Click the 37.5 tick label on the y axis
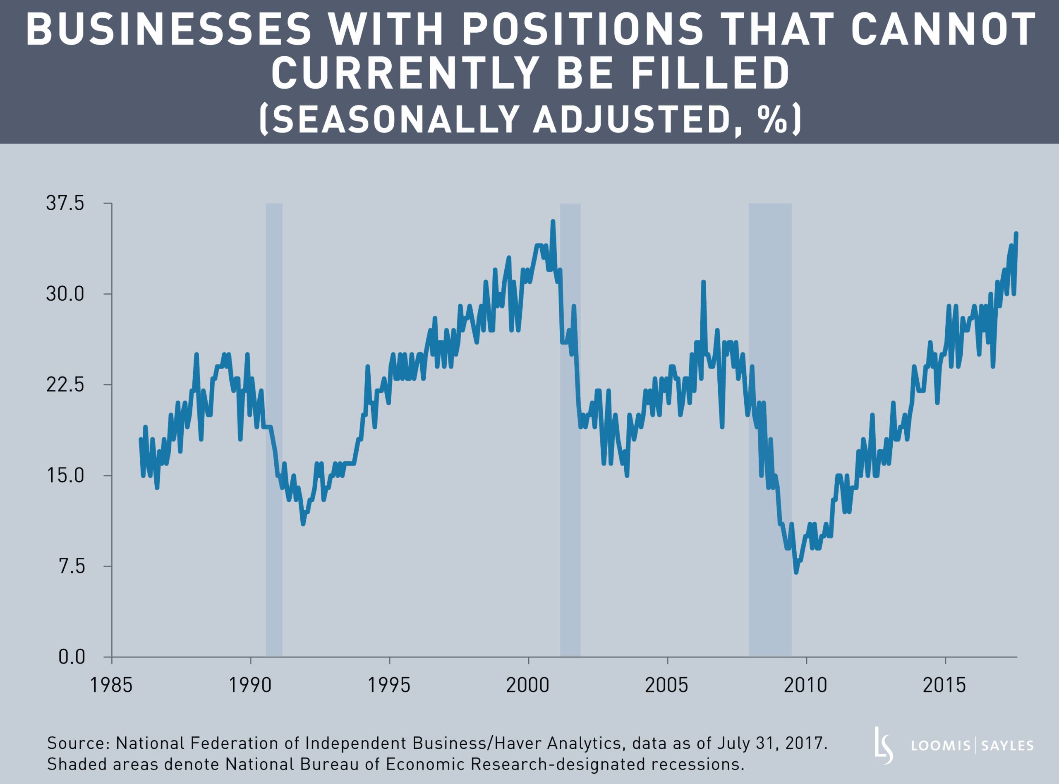click(x=65, y=204)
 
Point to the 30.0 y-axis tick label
click(x=65, y=294)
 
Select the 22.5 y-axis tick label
click(x=65, y=385)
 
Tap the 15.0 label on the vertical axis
click(x=65, y=475)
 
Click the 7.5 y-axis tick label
click(x=71, y=566)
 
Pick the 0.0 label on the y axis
click(x=71, y=657)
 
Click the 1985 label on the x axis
click(x=112, y=685)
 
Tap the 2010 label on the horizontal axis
click(x=806, y=685)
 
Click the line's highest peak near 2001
click(x=553, y=221)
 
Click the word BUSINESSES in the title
click(x=168, y=29)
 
